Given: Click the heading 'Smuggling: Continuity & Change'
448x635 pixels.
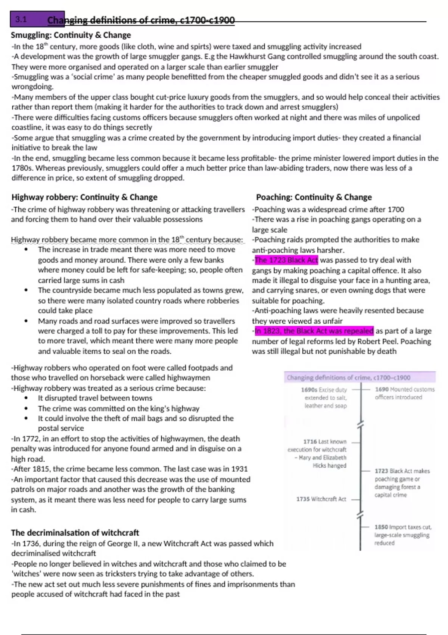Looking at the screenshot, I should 71,35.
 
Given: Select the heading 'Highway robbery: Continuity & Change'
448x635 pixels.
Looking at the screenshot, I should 84,197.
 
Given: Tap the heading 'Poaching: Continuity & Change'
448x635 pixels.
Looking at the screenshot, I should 314,197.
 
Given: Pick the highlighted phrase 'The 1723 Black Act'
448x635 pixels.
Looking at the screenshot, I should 286,260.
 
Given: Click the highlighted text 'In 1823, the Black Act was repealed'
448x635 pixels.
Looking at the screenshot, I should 314,331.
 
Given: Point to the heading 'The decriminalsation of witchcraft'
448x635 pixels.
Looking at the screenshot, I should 75,533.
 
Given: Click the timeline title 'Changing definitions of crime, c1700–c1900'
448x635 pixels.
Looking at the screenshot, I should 349,378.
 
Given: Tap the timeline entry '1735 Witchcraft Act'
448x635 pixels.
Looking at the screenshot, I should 321,499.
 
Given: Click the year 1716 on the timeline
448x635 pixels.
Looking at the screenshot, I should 310,442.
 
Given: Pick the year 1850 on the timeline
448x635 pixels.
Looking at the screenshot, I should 381,527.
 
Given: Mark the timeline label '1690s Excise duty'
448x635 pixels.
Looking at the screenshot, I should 324,390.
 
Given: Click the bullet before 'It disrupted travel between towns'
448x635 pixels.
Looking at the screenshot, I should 26,398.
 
